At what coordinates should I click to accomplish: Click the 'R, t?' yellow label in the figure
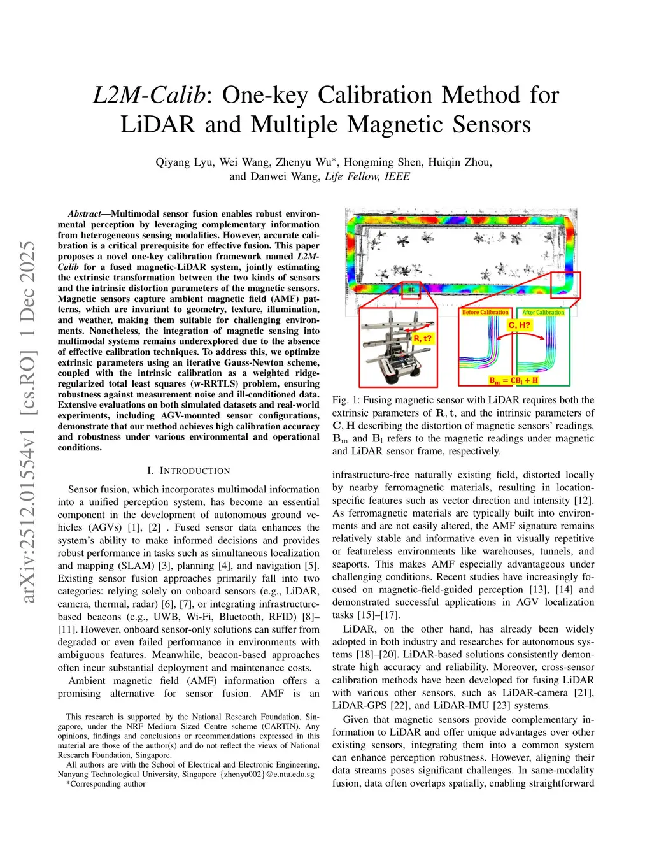(x=422, y=338)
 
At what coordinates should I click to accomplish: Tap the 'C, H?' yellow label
(x=519, y=325)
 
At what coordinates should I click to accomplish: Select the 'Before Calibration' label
(x=485, y=312)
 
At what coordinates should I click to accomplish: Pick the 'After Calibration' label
(x=543, y=312)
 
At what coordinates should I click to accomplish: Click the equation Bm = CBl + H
(x=513, y=380)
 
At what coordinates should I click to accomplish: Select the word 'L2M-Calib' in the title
(x=150, y=95)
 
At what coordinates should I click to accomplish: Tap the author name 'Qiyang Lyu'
(x=185, y=162)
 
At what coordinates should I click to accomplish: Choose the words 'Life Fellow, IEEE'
(x=367, y=176)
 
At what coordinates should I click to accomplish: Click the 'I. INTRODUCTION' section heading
(x=188, y=471)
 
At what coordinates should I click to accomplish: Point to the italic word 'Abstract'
(x=85, y=214)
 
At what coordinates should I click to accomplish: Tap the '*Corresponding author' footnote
(x=106, y=784)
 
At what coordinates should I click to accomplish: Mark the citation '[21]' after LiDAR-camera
(x=584, y=692)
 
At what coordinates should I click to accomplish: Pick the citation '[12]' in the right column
(x=584, y=500)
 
